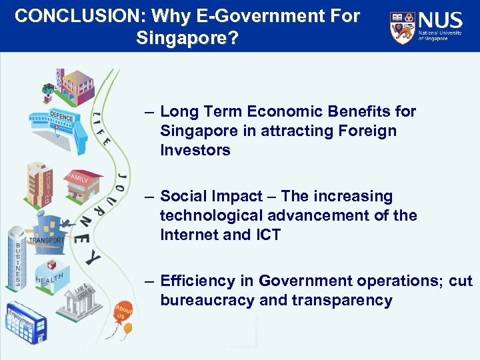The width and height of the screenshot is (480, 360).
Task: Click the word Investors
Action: point(195,150)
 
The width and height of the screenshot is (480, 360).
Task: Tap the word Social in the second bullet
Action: point(183,196)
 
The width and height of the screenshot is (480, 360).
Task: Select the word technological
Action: point(213,215)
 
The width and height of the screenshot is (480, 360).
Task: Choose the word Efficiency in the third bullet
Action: point(197,281)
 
